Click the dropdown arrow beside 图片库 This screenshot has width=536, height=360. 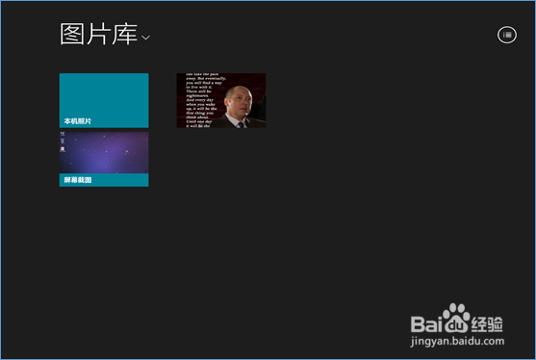pos(146,38)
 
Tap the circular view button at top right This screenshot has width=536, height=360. pos(506,35)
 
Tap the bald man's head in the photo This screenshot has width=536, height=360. pos(236,103)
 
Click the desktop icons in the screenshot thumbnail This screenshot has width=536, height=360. pos(64,145)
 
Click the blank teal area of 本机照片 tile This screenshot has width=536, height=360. pos(104,94)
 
